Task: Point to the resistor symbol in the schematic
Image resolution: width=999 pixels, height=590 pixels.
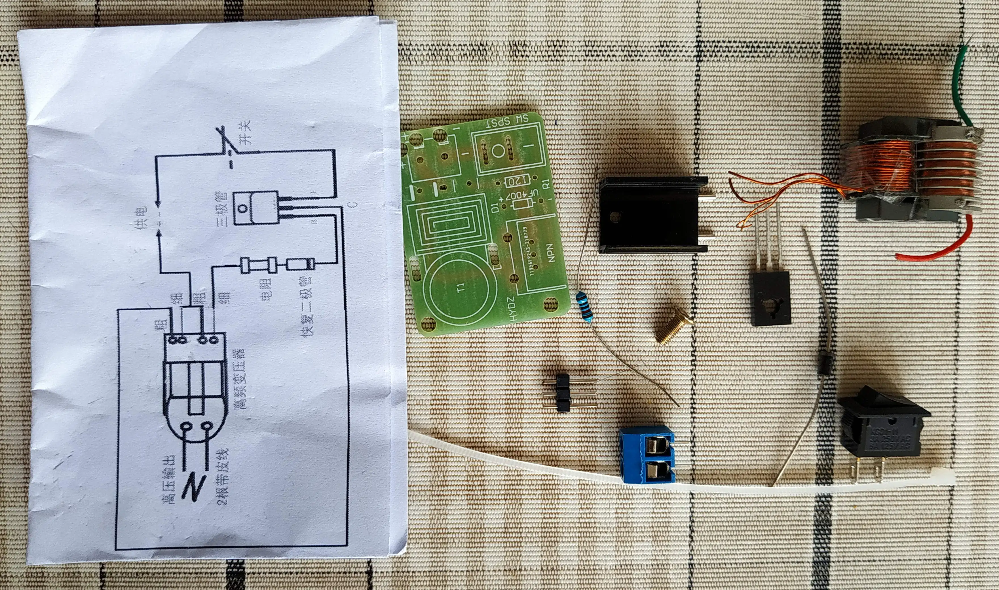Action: [x=259, y=265]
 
